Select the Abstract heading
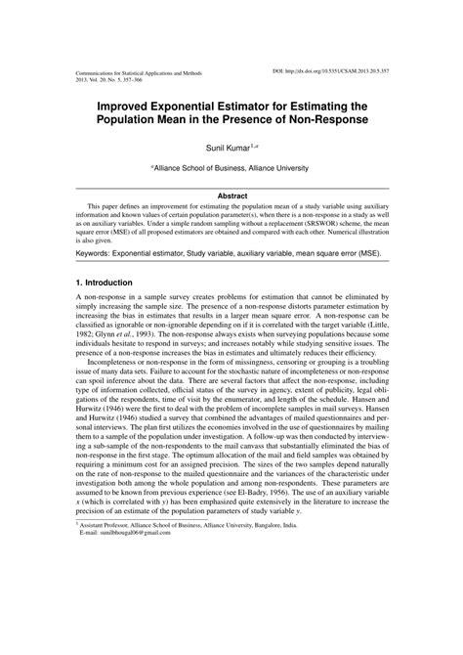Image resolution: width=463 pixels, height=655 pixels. pos(231,196)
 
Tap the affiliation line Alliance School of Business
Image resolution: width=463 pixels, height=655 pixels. pos(231,168)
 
